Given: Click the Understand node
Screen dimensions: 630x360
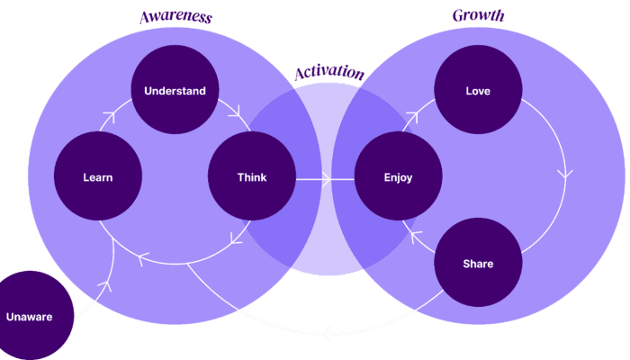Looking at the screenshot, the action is (175, 90).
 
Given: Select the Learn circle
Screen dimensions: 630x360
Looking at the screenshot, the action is (98, 176).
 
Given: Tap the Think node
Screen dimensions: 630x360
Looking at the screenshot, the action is (252, 176).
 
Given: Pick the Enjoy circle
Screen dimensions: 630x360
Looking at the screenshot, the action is (398, 176).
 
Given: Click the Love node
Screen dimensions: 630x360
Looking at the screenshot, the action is (478, 90).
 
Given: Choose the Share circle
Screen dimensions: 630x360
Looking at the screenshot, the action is (478, 263).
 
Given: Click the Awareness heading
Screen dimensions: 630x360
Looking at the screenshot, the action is (176, 17).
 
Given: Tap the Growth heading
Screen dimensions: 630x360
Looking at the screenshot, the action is (478, 15).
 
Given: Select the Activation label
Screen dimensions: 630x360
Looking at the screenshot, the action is (329, 72).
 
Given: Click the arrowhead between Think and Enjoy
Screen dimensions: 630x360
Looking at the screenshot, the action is (327, 179).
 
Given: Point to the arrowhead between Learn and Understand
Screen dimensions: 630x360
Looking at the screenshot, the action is (109, 117).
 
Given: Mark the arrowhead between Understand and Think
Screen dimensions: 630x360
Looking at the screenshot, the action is (236, 112).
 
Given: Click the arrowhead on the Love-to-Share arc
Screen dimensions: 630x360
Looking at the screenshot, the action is (565, 175).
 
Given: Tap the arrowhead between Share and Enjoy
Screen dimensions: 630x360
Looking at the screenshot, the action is (416, 236).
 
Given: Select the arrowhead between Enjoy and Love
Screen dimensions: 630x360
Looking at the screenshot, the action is (412, 117).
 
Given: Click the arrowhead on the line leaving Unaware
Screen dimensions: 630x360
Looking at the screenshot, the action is (105, 285).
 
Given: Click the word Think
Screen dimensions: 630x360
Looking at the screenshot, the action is (252, 177).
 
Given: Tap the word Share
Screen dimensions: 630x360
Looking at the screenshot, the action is (478, 264).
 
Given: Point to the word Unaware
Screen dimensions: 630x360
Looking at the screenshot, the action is (30, 317).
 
